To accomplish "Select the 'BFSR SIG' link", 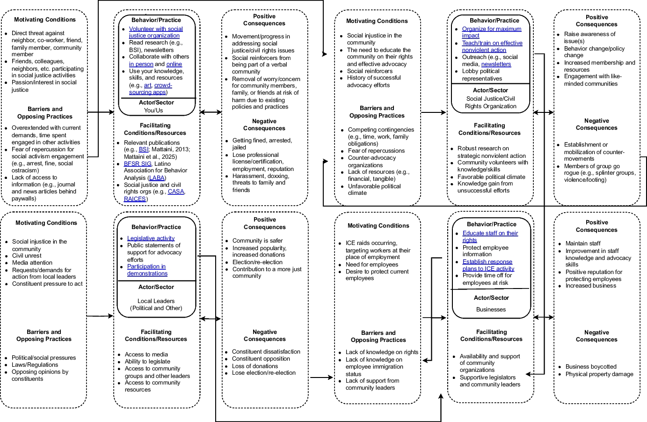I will [x=138, y=164].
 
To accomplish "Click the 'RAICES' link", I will [x=135, y=199].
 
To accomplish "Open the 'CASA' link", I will [x=176, y=192].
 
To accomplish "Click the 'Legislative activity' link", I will [x=151, y=238].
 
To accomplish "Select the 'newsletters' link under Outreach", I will [x=496, y=64].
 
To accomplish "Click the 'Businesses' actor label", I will [x=491, y=310].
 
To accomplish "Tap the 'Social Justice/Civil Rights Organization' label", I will [x=490, y=103].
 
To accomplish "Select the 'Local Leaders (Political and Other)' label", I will [x=156, y=304].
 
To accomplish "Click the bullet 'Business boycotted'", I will [x=591, y=367].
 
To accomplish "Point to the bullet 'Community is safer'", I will [x=257, y=241].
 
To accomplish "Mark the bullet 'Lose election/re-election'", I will [x=264, y=373].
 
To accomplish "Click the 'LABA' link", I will [x=157, y=178].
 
